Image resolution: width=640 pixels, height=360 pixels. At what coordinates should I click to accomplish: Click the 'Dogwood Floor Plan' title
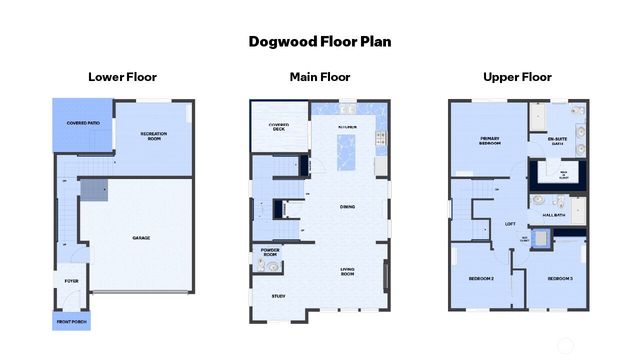(320, 42)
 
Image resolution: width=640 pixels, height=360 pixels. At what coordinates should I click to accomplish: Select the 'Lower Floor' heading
(122, 76)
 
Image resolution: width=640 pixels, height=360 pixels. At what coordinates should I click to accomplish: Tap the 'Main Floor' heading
(320, 76)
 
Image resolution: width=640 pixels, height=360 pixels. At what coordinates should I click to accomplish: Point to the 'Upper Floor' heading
(517, 76)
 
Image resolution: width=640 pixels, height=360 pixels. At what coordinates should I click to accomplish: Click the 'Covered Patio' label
(83, 123)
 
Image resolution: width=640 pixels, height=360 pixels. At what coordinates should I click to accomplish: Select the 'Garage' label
(141, 238)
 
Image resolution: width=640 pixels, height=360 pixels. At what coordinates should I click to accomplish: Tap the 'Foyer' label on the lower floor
(72, 282)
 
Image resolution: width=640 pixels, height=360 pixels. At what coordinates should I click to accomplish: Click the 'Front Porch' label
(72, 322)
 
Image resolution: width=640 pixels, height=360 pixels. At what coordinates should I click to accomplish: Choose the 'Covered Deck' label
(279, 126)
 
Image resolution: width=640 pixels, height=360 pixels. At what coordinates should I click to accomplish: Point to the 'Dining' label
(347, 207)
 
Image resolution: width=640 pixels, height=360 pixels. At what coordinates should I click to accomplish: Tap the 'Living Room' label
(348, 271)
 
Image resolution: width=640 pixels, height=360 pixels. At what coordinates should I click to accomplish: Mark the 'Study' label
(278, 296)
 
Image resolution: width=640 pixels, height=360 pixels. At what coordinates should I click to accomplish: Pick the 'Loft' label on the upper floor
(509, 223)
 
